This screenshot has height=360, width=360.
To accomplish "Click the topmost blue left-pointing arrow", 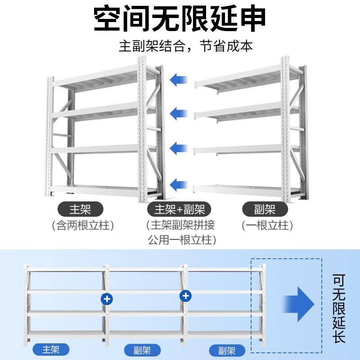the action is (179, 80).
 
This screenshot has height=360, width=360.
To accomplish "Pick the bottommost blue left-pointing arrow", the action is (179, 184).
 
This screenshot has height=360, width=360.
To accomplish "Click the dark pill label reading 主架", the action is (81, 209).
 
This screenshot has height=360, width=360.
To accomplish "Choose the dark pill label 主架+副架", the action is (180, 209).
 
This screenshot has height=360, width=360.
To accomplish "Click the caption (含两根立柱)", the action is (81, 225).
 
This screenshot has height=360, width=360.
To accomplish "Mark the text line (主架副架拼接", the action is (180, 225).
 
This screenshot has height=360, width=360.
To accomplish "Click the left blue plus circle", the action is (107, 298).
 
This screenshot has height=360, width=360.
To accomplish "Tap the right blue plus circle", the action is (185, 296).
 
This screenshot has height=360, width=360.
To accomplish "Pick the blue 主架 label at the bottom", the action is (51, 349).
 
